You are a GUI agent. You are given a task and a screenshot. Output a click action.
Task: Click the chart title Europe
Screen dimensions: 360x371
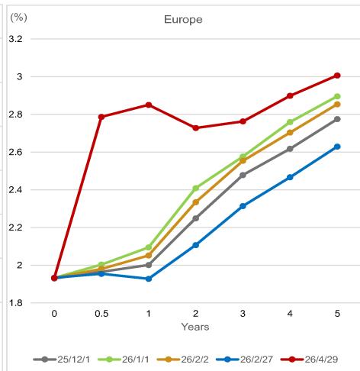183,20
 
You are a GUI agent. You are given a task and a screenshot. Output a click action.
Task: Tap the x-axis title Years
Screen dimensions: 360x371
195,327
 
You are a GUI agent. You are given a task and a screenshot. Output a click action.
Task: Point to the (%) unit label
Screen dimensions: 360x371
18,18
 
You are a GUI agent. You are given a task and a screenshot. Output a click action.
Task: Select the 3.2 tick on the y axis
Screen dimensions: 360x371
15,39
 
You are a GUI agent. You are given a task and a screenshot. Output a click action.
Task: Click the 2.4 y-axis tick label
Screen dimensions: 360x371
15,190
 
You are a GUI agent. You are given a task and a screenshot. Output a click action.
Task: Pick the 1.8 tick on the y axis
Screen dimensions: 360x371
15,303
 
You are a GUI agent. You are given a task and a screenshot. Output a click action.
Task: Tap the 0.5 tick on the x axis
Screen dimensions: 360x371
101,314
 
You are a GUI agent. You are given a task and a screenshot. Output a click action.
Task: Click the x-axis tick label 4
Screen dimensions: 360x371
290,314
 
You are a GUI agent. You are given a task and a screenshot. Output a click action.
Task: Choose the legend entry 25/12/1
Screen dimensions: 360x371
62,360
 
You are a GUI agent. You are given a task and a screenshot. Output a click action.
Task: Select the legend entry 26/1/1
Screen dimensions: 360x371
124,360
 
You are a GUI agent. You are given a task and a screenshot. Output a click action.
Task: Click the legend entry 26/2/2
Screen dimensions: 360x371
183,360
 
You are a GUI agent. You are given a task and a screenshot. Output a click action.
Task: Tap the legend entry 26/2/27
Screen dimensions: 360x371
245,360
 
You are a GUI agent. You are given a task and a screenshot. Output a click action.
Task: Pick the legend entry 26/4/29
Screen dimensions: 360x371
310,360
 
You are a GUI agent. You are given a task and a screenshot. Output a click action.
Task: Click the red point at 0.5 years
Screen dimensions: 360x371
101,117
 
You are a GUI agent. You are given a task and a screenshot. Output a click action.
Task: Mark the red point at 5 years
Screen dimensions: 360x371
337,76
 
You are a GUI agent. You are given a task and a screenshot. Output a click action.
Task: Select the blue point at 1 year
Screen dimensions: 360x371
149,279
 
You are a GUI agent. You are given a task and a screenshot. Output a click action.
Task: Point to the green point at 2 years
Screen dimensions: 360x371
196,189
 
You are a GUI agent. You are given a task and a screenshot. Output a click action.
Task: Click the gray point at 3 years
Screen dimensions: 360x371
243,175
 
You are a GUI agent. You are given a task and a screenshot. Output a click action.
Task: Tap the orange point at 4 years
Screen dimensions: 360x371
290,133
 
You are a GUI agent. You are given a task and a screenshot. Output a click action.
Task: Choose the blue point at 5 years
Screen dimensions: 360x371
337,147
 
